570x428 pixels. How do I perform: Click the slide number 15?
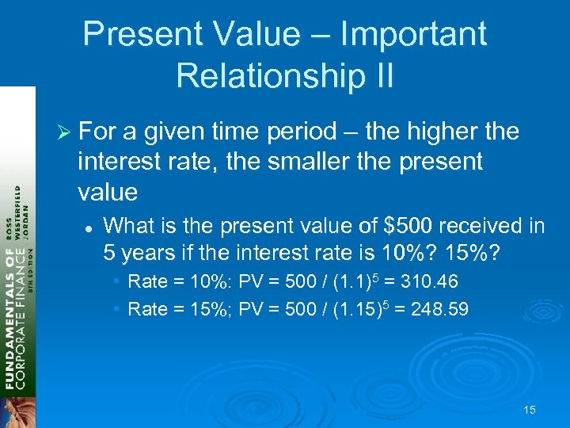click(530, 410)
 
